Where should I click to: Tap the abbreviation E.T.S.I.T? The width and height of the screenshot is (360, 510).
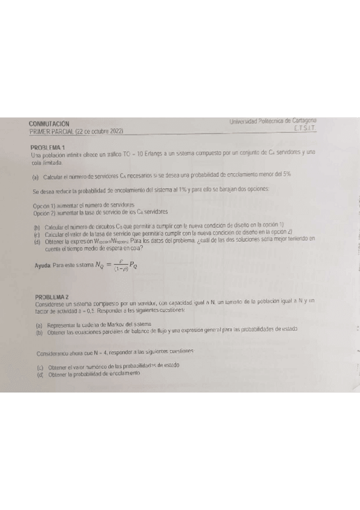tap(306, 128)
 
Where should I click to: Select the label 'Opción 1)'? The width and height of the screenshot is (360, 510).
tap(45, 205)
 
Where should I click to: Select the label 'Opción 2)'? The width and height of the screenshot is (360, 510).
tap(45, 211)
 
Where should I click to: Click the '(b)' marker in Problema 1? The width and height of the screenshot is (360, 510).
tap(37, 227)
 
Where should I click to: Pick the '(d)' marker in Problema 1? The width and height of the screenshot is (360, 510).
tap(37, 240)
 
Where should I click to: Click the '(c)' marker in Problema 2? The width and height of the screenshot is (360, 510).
tap(40, 366)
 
